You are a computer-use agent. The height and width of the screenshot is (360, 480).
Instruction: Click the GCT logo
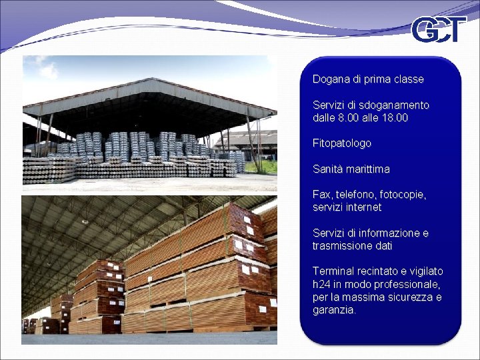[x=438, y=30]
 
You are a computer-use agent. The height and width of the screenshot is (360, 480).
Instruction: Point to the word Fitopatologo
[x=342, y=143]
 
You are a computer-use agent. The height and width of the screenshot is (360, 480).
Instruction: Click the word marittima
[x=367, y=169]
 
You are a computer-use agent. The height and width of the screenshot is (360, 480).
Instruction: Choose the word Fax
[x=321, y=195]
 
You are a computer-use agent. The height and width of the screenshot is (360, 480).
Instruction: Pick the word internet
[x=364, y=207]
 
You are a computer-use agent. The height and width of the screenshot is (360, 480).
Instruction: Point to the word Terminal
[x=333, y=271]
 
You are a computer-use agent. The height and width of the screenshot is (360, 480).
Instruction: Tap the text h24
[x=321, y=285]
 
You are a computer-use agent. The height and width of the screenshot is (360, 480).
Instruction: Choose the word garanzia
[x=334, y=311]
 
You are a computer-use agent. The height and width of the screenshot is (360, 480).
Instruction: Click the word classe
[x=408, y=79]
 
